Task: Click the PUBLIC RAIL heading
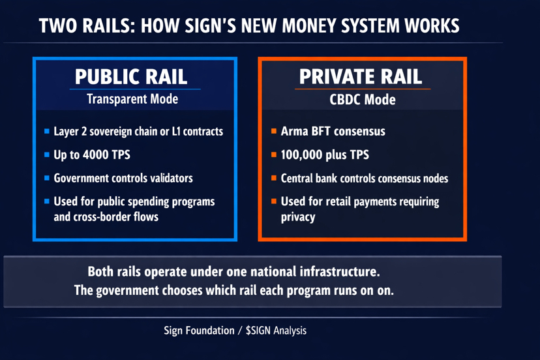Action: click(131, 76)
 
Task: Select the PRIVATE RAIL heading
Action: click(361, 76)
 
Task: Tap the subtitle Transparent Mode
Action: click(132, 99)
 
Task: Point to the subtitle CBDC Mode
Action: click(362, 100)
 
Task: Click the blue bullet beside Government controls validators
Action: click(47, 178)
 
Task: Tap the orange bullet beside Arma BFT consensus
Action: click(274, 132)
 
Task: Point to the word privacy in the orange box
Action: click(298, 217)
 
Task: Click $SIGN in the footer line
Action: click(260, 330)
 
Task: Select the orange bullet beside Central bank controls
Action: click(274, 178)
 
